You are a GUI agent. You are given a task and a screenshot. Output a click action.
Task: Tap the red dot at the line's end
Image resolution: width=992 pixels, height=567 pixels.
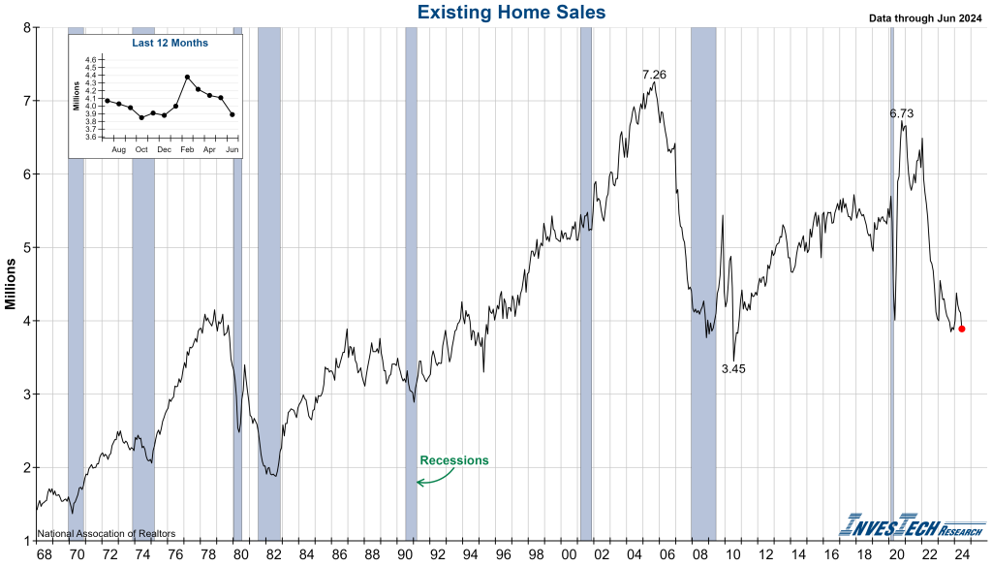pyautogui.click(x=961, y=329)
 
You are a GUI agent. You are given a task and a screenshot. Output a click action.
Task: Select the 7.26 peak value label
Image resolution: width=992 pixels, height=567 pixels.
pyautogui.click(x=655, y=75)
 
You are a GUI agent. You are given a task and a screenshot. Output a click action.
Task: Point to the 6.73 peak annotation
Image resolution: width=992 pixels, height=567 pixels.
pyautogui.click(x=902, y=113)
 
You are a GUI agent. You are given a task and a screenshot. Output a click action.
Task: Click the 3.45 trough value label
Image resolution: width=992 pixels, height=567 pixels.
pyautogui.click(x=734, y=369)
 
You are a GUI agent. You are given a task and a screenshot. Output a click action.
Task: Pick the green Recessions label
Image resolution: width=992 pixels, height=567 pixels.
pyautogui.click(x=453, y=460)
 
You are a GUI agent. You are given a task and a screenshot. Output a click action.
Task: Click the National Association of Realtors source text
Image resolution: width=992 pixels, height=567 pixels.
pyautogui.click(x=107, y=534)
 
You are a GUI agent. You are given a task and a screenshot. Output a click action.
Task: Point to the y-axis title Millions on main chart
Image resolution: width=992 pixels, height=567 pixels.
pyautogui.click(x=11, y=283)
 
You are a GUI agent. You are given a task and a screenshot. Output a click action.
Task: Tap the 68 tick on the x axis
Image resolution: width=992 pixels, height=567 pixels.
pyautogui.click(x=44, y=553)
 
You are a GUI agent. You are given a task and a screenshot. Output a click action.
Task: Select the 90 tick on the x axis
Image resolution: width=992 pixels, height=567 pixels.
pyautogui.click(x=405, y=553)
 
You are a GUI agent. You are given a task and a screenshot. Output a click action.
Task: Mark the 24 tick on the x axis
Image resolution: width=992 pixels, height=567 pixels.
pyautogui.click(x=962, y=553)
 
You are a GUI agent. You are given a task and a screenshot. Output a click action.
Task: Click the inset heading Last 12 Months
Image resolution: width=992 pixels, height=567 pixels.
pyautogui.click(x=170, y=43)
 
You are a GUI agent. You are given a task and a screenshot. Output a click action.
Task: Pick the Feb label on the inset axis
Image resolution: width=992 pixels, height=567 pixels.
pyautogui.click(x=186, y=149)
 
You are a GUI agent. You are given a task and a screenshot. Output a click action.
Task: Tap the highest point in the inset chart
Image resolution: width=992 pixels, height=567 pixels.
pyautogui.click(x=187, y=77)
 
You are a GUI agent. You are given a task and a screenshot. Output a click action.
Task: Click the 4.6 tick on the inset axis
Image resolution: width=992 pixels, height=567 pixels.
pyautogui.click(x=91, y=60)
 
